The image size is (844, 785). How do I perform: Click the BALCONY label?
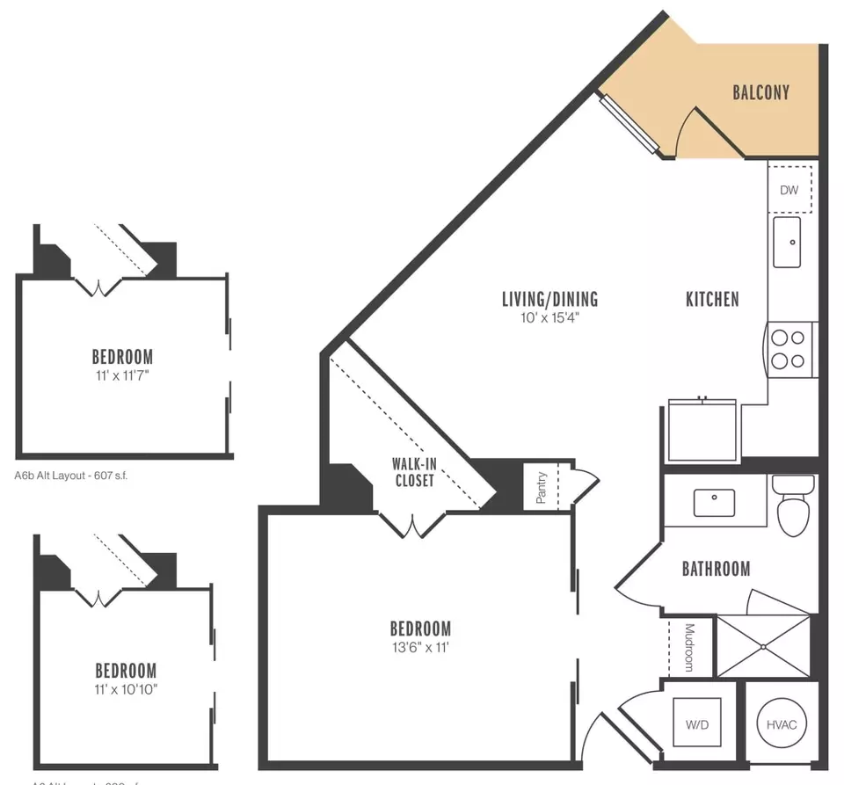pos(760,92)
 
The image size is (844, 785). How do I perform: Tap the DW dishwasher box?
pos(789,190)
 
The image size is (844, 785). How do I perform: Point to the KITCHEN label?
pos(712,300)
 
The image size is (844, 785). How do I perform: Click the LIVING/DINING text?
pos(549,300)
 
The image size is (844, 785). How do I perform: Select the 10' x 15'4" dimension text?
pos(549,318)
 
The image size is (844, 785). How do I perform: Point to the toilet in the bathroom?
pos(793,508)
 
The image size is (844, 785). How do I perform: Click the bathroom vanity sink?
pos(714,503)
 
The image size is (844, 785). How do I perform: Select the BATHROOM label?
pos(716,569)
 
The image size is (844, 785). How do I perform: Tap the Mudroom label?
pos(689,647)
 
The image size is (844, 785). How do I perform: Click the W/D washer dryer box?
pos(698,725)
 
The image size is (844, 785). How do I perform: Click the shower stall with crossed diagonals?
pos(763,646)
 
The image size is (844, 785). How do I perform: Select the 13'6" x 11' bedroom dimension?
pos(420,648)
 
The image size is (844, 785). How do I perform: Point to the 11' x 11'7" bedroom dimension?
pos(122,375)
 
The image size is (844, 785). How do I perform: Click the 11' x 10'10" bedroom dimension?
pos(126,688)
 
